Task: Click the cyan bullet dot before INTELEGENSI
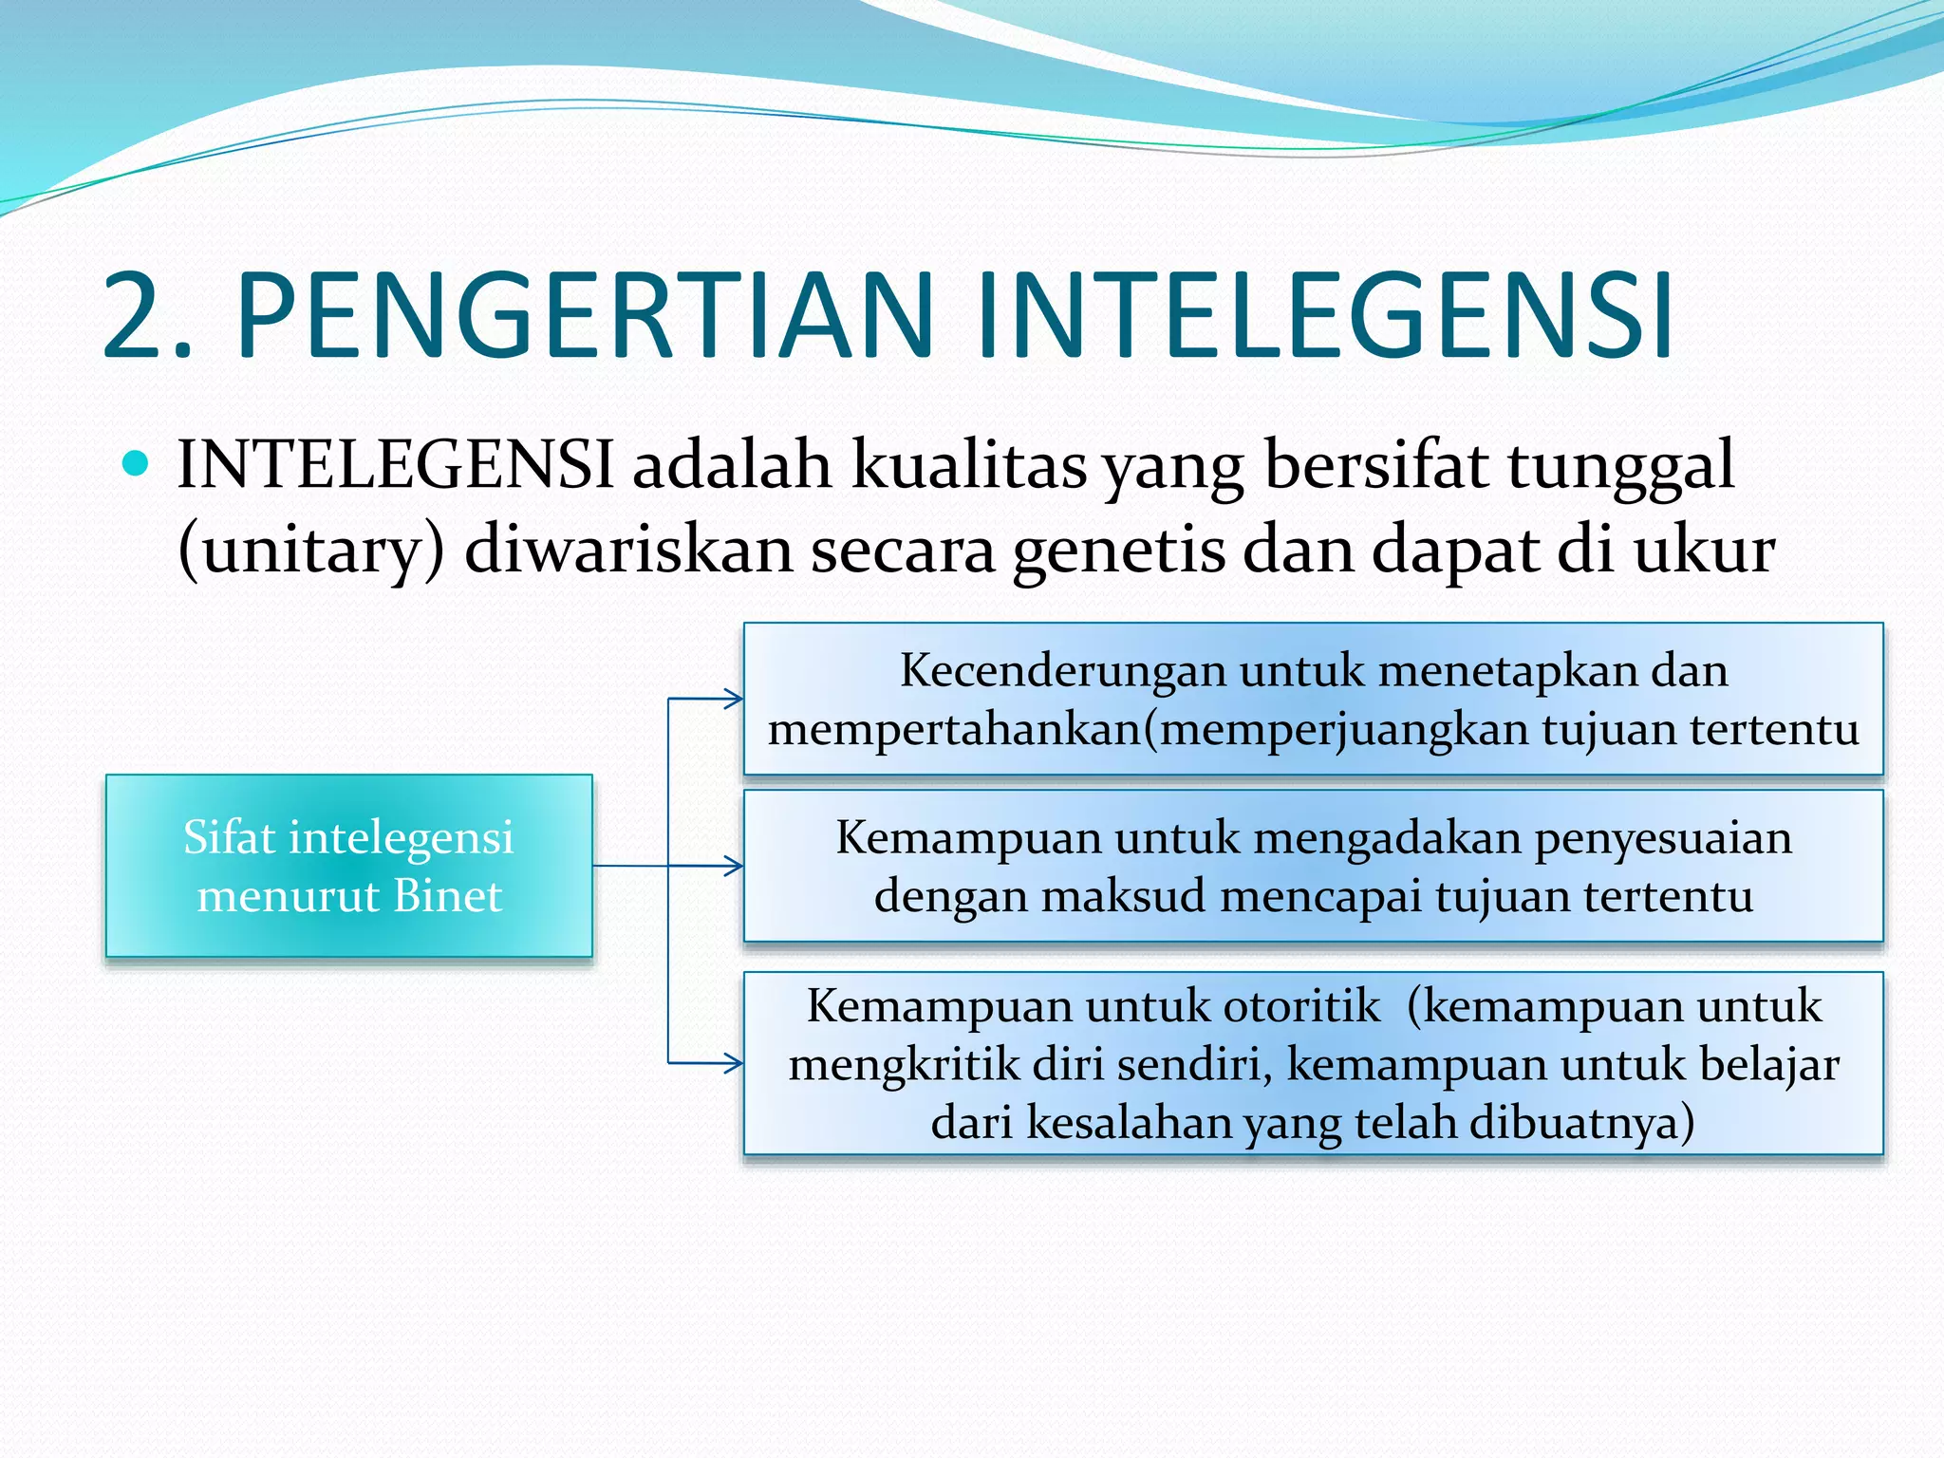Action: [x=137, y=464]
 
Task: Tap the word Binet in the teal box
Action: [x=447, y=896]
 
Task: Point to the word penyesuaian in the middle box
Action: [x=1663, y=838]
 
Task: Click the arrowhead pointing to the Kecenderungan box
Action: [x=733, y=700]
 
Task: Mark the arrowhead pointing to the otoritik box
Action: [x=733, y=1063]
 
